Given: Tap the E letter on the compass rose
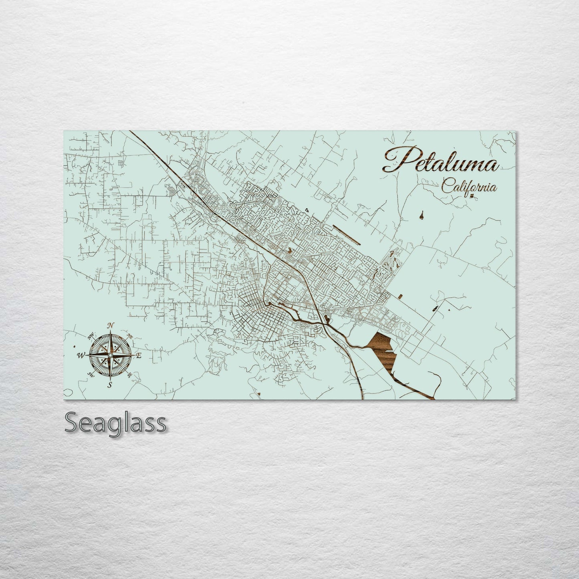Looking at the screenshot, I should (x=139, y=355).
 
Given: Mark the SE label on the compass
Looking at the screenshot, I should (x=129, y=375).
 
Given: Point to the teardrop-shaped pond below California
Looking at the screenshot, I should (x=423, y=216).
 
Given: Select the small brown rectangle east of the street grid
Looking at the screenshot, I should (x=401, y=296).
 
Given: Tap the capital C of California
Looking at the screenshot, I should (x=446, y=187).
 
